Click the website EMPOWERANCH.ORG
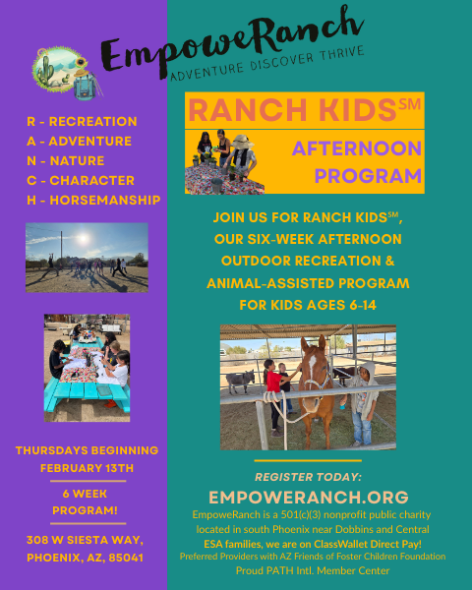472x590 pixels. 309,497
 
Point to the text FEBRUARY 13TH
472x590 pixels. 87,467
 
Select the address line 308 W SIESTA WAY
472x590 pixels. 87,540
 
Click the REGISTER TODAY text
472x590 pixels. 309,476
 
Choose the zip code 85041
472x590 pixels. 126,558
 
